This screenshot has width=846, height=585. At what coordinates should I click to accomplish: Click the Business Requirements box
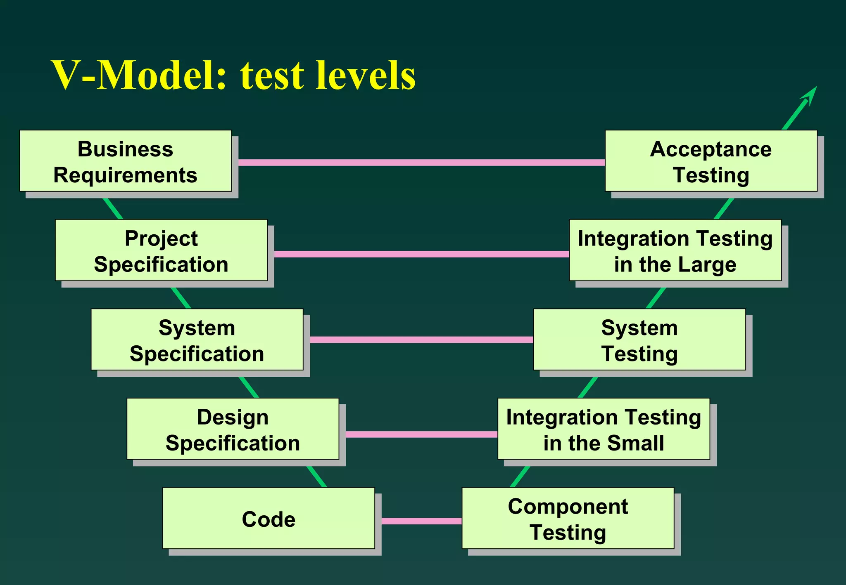pos(125,161)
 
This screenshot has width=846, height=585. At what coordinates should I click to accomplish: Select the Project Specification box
pos(161,250)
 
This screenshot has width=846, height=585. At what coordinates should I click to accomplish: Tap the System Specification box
pos(197,340)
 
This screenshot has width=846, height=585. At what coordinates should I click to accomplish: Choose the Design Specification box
pos(233,429)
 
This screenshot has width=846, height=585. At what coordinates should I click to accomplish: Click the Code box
pos(269,519)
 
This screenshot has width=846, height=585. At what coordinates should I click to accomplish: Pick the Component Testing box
pos(568,519)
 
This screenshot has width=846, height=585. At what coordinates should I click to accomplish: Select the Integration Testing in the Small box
pos(604,429)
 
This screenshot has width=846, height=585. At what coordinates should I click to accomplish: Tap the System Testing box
pos(639,340)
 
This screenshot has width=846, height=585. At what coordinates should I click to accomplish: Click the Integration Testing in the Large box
pos(675,250)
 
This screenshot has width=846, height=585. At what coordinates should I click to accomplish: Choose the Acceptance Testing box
pos(711,161)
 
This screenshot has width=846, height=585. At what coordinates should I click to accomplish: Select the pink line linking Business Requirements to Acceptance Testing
pos(421,163)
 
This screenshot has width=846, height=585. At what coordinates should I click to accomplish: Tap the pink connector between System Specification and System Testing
pos(421,340)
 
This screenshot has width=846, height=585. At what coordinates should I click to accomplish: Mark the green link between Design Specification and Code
pos(317,477)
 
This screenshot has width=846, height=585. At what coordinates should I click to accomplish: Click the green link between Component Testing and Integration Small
pos(520,477)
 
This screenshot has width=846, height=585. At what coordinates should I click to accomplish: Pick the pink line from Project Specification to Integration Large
pos(421,254)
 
